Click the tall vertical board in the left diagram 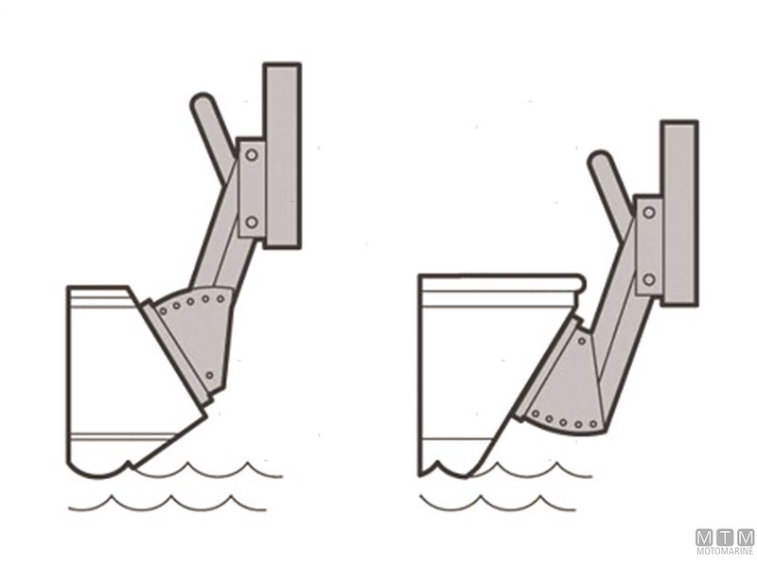[282, 155]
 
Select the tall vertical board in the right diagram [679, 213]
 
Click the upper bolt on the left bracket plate [252, 155]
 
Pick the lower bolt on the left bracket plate [252, 222]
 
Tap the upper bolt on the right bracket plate [649, 212]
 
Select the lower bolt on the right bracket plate [649, 279]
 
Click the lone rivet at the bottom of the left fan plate [209, 375]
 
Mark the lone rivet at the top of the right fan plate [582, 341]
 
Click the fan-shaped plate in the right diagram [565, 386]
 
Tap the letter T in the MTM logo [724, 538]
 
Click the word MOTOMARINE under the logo [725, 551]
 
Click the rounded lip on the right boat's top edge [577, 283]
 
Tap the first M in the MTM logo [704, 538]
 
